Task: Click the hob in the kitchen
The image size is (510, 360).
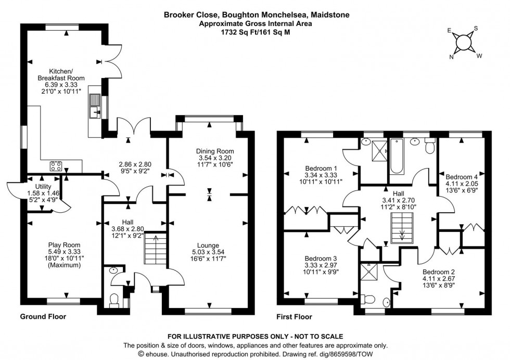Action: (56, 167)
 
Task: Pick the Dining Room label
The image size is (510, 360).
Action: (209, 151)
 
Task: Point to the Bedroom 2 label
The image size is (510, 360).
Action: (439, 272)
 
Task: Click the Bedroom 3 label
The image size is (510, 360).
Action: (321, 259)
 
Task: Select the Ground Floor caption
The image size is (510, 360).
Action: (43, 317)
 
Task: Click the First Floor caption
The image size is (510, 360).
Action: (294, 317)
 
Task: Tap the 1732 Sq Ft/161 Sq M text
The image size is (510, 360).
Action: (255, 32)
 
